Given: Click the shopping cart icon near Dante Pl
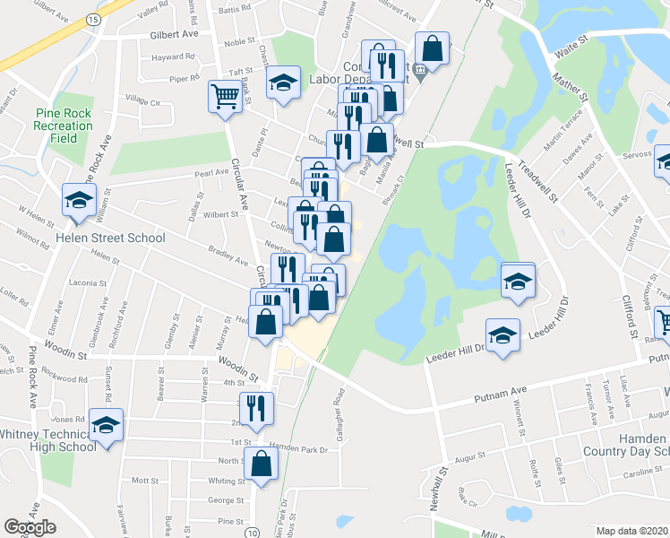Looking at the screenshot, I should tap(224, 96).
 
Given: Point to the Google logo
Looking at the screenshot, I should tap(30, 527).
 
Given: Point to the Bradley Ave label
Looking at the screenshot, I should tap(228, 256).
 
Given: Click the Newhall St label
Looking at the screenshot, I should tap(445, 483).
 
